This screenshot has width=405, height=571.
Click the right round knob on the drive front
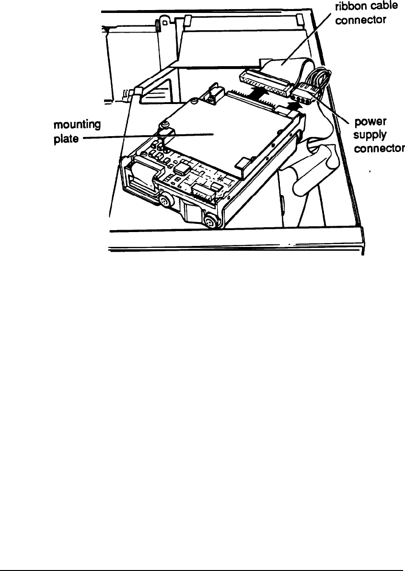coord(209,221)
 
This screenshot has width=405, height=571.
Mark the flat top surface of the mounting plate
coord(220,129)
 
